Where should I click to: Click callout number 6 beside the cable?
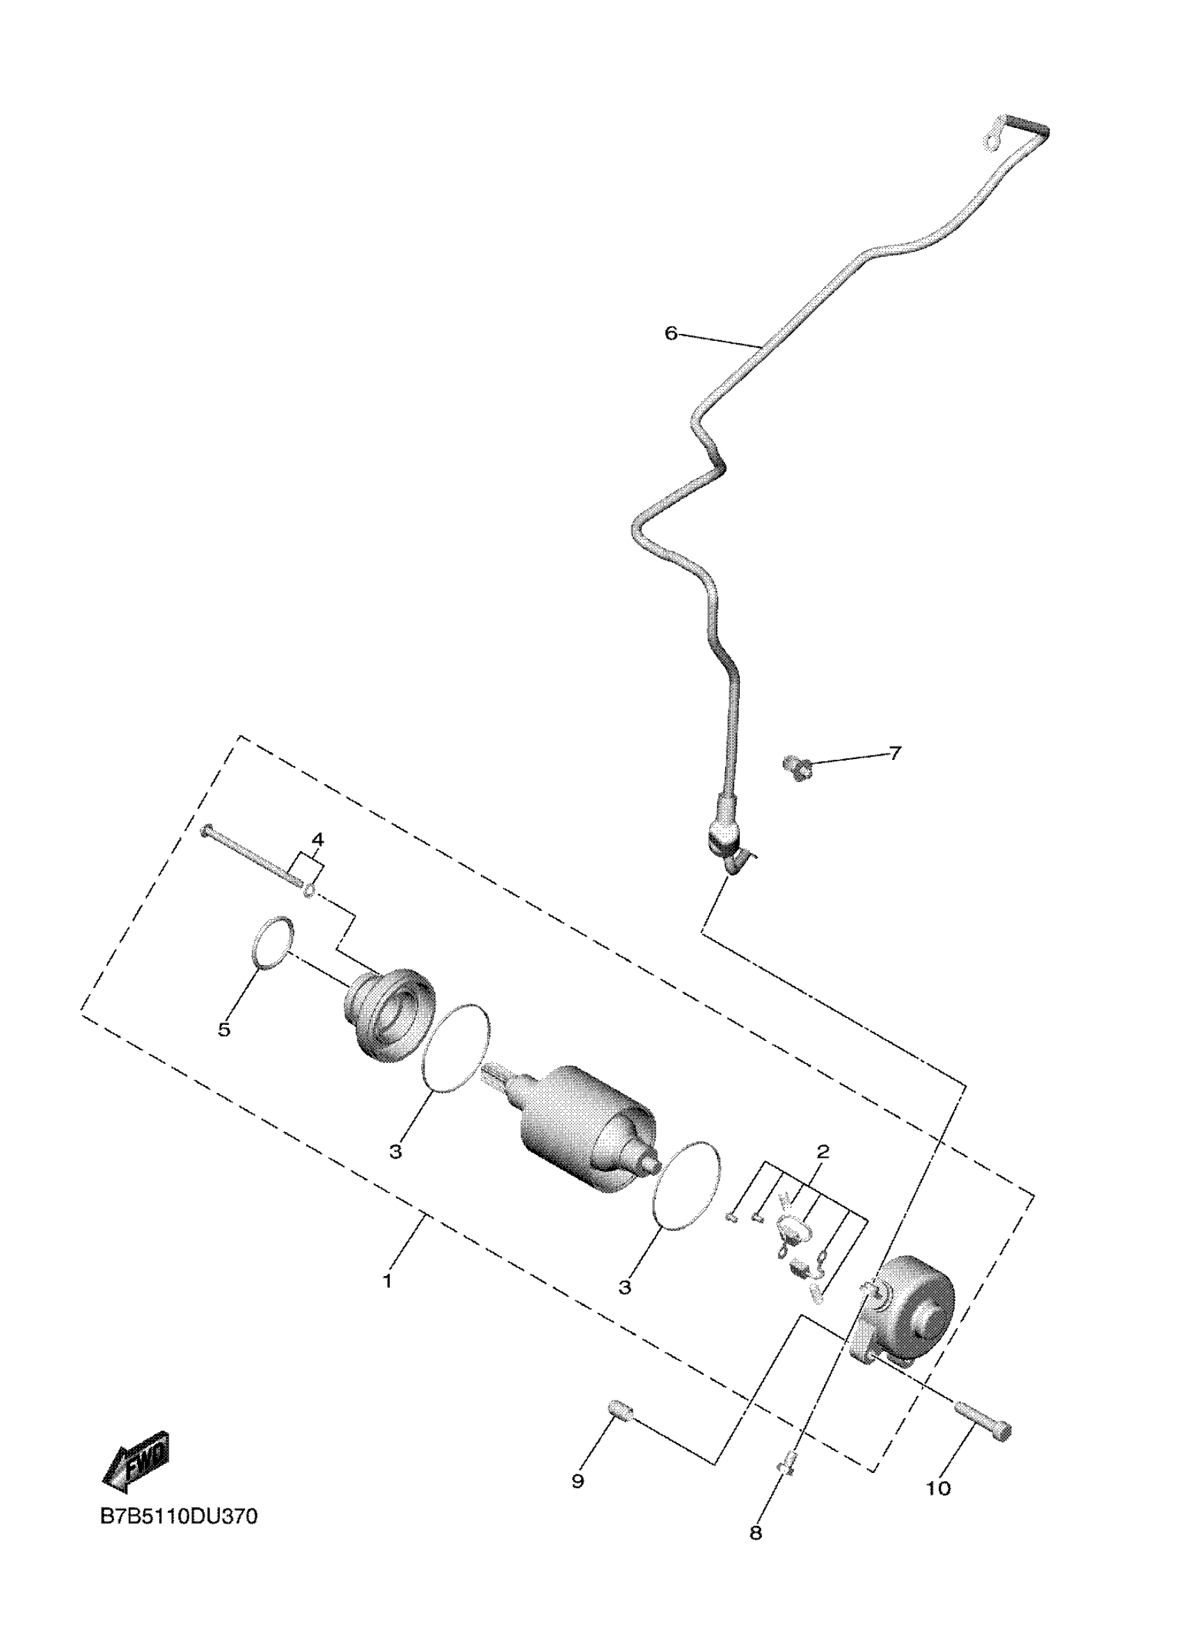click(x=670, y=333)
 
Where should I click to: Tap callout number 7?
click(x=894, y=753)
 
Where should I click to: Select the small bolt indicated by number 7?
click(x=796, y=767)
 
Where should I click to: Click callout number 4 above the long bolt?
click(x=317, y=840)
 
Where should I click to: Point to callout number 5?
click(x=225, y=1030)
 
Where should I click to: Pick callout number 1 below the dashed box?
click(x=388, y=1282)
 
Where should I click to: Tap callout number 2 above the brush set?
click(x=823, y=1152)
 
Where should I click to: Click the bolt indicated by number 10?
click(x=983, y=1418)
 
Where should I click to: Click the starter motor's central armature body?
click(x=583, y=1128)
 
